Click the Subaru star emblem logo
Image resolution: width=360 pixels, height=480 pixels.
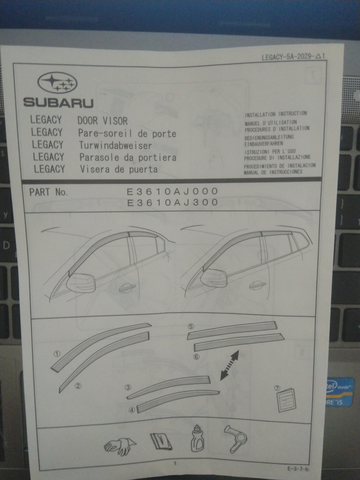[x=57, y=83]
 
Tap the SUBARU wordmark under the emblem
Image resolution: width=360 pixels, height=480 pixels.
[x=58, y=103]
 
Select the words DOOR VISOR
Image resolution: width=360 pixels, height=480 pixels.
[x=102, y=121]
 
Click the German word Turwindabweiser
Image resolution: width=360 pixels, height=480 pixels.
[x=115, y=145]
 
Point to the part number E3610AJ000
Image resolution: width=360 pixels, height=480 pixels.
[x=172, y=191]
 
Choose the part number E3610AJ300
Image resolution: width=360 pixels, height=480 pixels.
[x=172, y=202]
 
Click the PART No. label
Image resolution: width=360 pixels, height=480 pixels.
[x=49, y=192]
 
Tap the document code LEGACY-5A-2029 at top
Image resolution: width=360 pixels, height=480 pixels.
[x=288, y=57]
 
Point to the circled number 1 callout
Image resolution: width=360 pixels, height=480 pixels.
[x=57, y=354]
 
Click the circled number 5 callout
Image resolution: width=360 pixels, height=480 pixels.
[x=191, y=326]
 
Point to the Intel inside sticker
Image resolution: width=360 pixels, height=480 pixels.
[x=339, y=391]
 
